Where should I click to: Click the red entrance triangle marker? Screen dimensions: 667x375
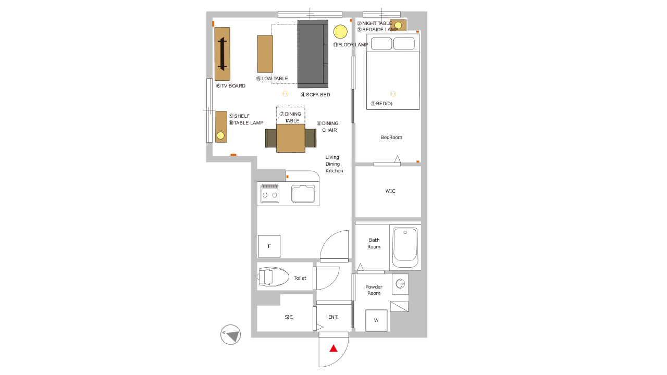click(333, 348)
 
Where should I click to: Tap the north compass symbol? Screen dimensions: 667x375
click(230, 334)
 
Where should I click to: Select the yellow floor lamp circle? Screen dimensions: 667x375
click(340, 32)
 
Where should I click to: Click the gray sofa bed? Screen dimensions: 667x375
click(313, 54)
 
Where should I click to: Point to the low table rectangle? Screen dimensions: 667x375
click(265, 54)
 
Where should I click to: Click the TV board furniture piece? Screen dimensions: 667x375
click(222, 54)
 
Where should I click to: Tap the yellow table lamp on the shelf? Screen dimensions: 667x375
click(220, 136)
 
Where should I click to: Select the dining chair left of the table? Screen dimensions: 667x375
click(270, 138)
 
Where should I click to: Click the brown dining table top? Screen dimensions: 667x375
click(291, 138)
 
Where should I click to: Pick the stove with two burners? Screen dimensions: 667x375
click(270, 193)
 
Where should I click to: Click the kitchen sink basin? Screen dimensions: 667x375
click(303, 193)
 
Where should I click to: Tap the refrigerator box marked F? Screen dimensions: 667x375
click(269, 246)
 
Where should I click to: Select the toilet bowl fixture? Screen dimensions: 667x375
click(273, 277)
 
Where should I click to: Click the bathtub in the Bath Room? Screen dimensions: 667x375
click(405, 247)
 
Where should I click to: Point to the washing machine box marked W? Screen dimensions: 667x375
click(376, 320)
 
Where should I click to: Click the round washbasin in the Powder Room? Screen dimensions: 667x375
click(400, 284)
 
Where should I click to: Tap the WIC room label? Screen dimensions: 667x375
click(390, 191)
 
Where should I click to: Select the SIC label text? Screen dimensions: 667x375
click(289, 317)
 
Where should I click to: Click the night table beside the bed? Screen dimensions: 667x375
click(398, 26)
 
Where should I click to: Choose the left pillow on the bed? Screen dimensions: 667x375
click(381, 43)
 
